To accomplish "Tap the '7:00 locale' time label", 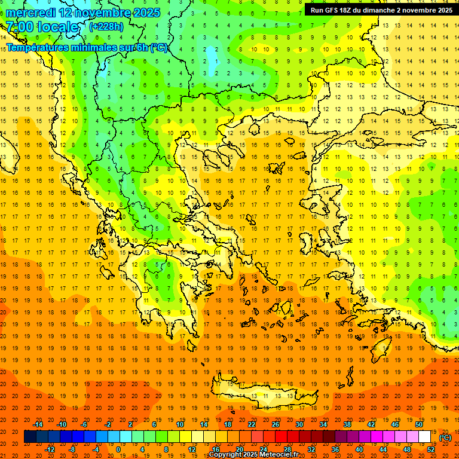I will [42, 27].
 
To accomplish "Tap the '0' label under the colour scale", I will [118, 449].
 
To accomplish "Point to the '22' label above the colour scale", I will [252, 424].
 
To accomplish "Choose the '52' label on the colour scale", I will [431, 449].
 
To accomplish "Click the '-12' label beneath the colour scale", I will [50, 449].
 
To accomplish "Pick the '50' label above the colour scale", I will [418, 424].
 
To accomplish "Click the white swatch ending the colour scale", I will [424, 437].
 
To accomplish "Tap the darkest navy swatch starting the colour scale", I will [30, 437].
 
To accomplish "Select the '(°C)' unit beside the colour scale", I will [445, 437].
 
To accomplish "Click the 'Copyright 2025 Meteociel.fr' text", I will [253, 455].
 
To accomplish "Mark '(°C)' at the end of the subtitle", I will [158, 48].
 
